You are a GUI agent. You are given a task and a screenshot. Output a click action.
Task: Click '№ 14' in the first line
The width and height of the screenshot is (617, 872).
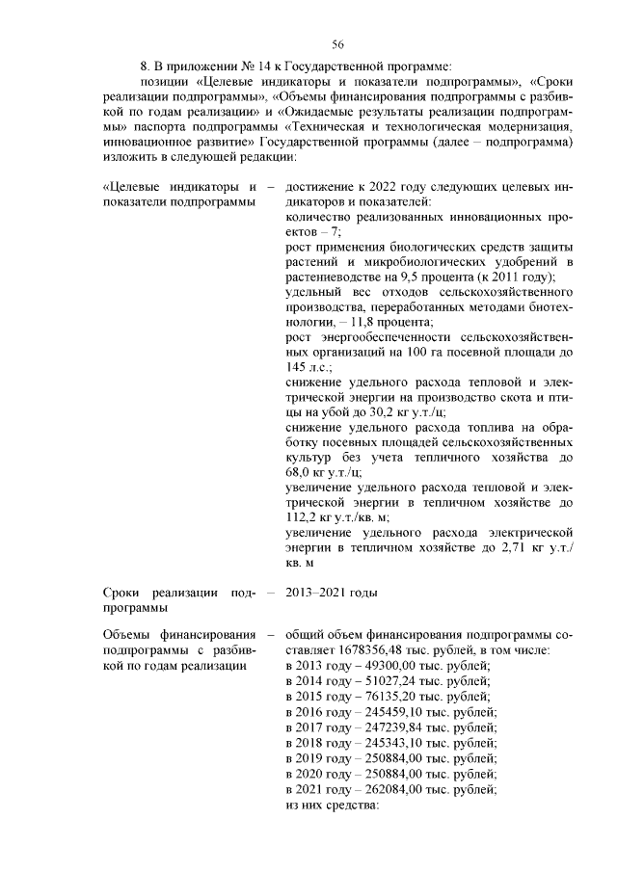point(243,66)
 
